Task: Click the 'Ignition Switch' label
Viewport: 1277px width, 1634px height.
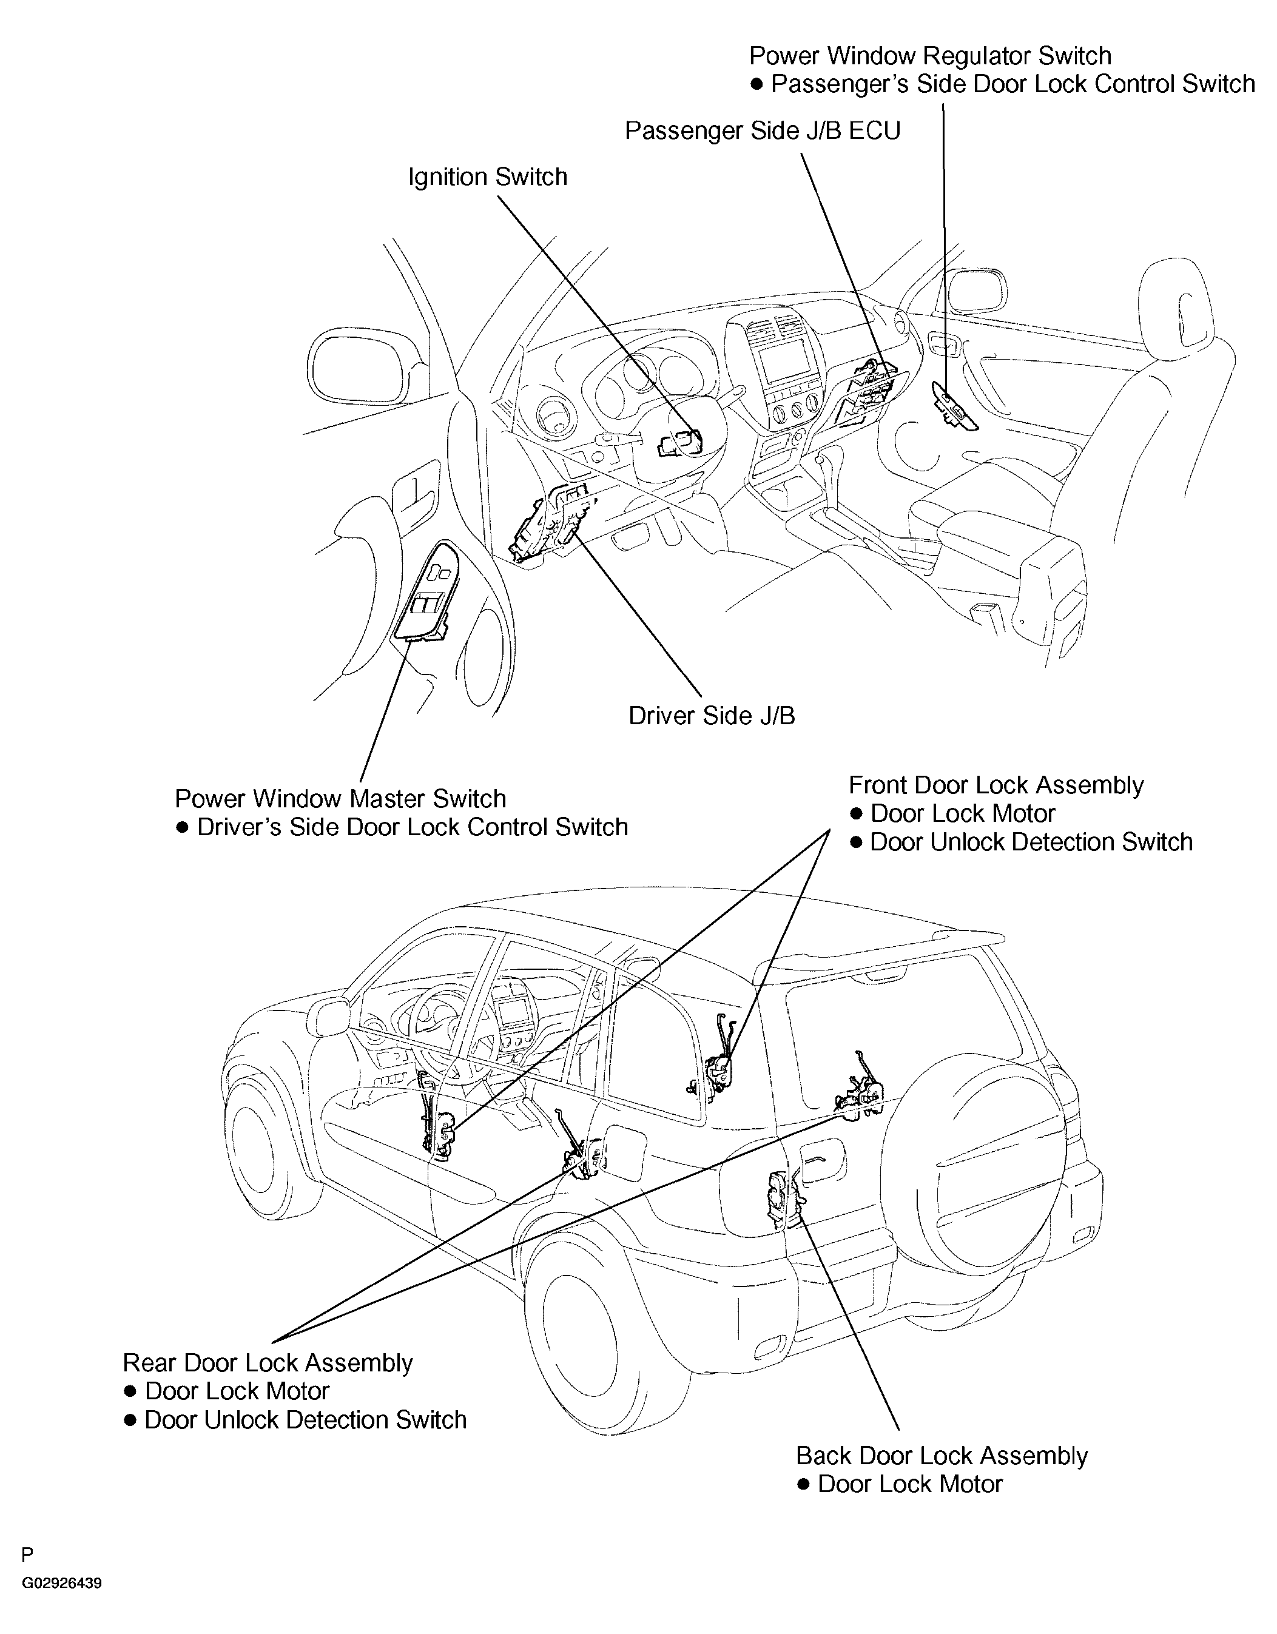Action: click(x=487, y=177)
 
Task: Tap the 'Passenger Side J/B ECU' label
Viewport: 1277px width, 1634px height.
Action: click(x=763, y=131)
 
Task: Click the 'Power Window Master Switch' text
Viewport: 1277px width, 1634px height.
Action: click(x=340, y=799)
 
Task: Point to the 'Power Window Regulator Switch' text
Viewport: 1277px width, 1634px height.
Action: click(x=930, y=56)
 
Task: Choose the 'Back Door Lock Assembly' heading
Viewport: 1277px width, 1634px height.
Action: click(x=941, y=1456)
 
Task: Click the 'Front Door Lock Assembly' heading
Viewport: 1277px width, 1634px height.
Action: click(x=996, y=785)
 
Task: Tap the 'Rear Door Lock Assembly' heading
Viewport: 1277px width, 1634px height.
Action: click(x=268, y=1363)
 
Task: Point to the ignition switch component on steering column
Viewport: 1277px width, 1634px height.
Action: click(x=679, y=443)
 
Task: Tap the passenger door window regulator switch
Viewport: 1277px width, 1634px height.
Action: click(x=953, y=408)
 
